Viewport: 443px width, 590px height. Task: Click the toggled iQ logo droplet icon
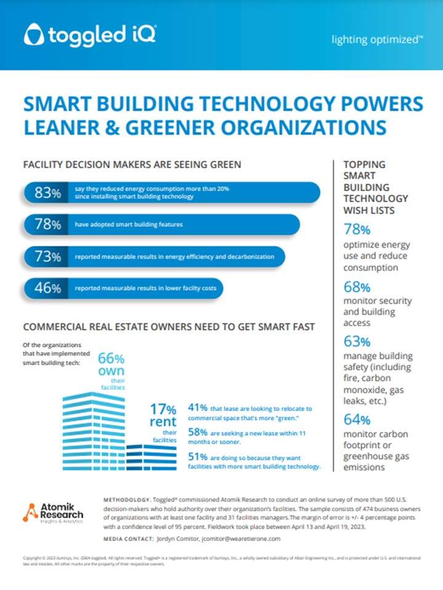click(33, 35)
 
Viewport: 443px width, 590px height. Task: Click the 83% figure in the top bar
click(48, 193)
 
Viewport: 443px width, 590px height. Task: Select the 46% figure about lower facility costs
click(48, 288)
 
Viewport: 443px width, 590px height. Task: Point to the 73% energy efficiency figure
click(48, 256)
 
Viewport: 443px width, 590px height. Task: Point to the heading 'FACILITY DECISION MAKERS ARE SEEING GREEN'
click(132, 165)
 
